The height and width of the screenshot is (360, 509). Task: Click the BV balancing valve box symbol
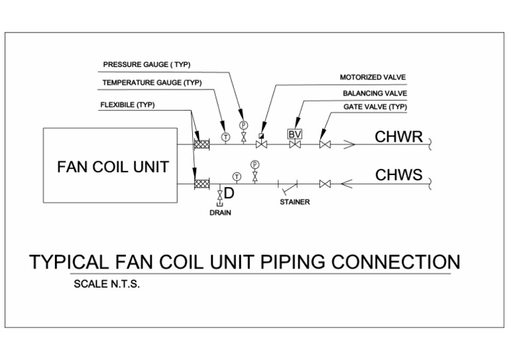point(295,134)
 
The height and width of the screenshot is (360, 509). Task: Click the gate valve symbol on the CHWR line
point(325,144)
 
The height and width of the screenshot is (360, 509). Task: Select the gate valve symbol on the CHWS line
point(325,184)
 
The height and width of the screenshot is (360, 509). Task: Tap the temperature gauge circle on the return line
point(225,137)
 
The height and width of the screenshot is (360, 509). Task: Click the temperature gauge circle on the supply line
point(237,176)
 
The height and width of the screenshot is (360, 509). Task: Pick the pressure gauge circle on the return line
point(243,125)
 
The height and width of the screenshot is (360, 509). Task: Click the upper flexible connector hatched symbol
point(201,144)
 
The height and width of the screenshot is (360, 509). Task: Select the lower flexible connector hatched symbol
point(201,184)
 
